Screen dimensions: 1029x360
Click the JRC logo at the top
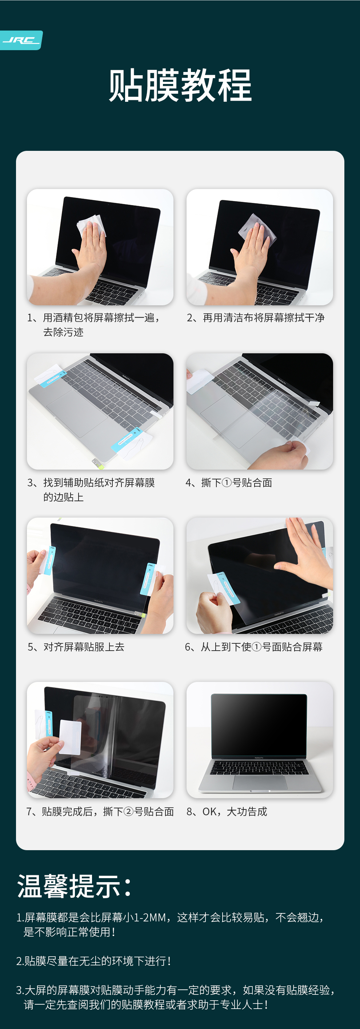pyautogui.click(x=21, y=40)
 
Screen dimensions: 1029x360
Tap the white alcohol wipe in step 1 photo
pyautogui.click(x=91, y=225)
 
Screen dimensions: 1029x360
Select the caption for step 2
pyautogui.click(x=256, y=318)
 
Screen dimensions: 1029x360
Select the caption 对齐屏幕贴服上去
pyautogui.click(x=76, y=647)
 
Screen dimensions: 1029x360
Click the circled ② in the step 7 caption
pyautogui.click(x=129, y=811)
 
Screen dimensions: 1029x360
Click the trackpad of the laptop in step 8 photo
pyautogui.click(x=260, y=782)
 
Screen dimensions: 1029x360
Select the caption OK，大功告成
pyautogui.click(x=227, y=811)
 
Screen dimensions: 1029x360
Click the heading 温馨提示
pyautogui.click(x=74, y=886)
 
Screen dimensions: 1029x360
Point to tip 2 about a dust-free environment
pyautogui.click(x=93, y=961)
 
